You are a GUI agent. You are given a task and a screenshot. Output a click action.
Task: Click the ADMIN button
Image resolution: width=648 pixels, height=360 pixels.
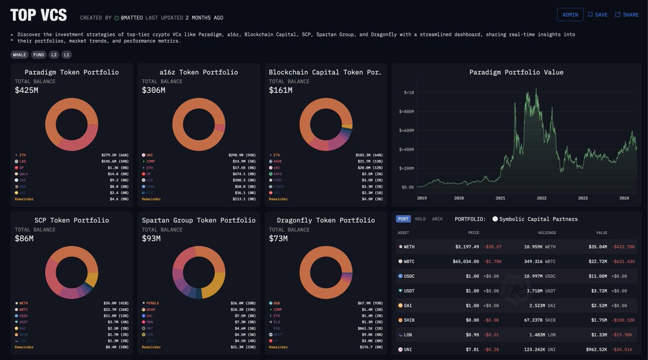click(x=570, y=15)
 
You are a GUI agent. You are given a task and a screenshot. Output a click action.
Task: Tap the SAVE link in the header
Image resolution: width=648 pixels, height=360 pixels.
click(x=598, y=15)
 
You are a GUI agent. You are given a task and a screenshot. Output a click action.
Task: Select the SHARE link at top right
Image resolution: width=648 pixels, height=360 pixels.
click(x=627, y=15)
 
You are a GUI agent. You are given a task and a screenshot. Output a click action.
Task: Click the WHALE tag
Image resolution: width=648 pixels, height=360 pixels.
click(x=19, y=55)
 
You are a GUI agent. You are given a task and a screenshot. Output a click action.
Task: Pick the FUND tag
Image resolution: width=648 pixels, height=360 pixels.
click(x=38, y=55)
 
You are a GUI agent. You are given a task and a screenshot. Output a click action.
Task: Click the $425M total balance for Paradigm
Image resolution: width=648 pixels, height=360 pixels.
click(x=26, y=90)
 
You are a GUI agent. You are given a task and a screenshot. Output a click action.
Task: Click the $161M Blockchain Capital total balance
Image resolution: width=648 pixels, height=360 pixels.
click(x=281, y=90)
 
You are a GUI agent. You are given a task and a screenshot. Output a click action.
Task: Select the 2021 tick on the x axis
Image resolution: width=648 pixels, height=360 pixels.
click(x=501, y=198)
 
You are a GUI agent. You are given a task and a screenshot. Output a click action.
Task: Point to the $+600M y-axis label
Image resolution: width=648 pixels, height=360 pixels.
click(x=407, y=131)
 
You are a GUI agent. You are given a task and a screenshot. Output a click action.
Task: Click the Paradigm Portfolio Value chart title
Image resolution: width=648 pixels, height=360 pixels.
click(x=516, y=72)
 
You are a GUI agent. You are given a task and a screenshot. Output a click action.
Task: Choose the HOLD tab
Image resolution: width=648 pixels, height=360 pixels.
click(x=420, y=219)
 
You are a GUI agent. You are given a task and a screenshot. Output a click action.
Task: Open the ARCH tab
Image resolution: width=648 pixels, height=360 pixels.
click(x=437, y=219)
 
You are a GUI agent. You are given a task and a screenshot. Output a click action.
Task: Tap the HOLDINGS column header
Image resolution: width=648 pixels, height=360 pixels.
click(x=546, y=233)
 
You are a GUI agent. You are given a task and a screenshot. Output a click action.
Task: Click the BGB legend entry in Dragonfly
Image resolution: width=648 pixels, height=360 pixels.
click(x=276, y=303)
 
